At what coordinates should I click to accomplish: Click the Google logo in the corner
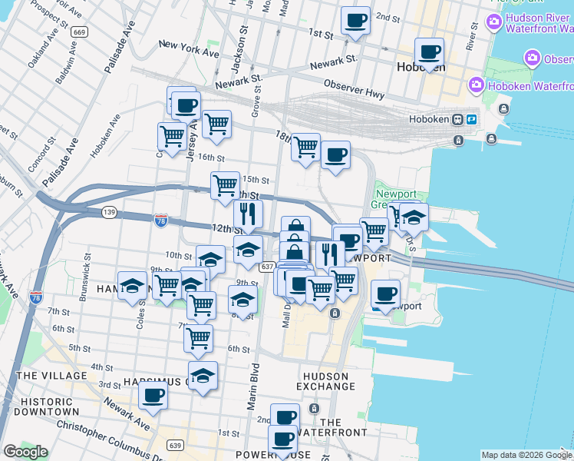coord(25,452)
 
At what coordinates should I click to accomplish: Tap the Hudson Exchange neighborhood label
coord(325,382)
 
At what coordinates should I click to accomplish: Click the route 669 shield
coord(79,33)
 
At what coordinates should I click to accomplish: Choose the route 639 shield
coord(176,445)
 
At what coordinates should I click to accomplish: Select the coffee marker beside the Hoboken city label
coord(430,51)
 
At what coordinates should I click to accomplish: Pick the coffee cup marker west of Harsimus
coord(153,396)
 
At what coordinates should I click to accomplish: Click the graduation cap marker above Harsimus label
coord(203,375)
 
